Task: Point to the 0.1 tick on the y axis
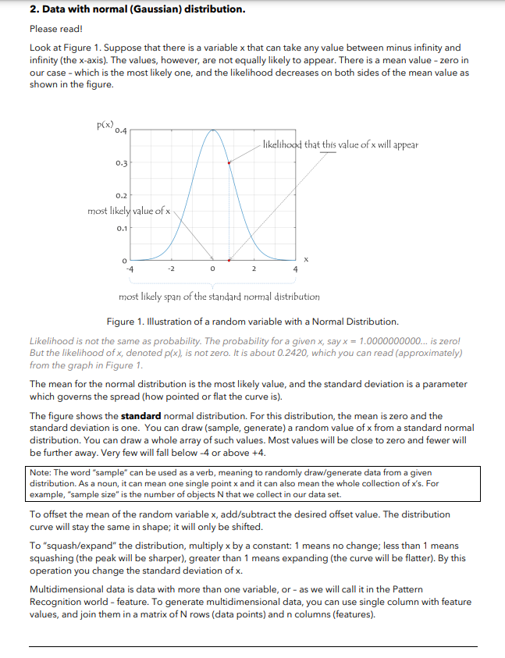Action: point(121,229)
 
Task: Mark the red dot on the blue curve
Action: point(229,163)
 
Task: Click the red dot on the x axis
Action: point(229,260)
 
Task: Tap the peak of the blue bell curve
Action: point(212,130)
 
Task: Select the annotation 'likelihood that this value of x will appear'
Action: point(340,144)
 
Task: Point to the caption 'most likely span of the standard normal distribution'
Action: point(219,297)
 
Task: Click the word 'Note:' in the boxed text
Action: point(41,473)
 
